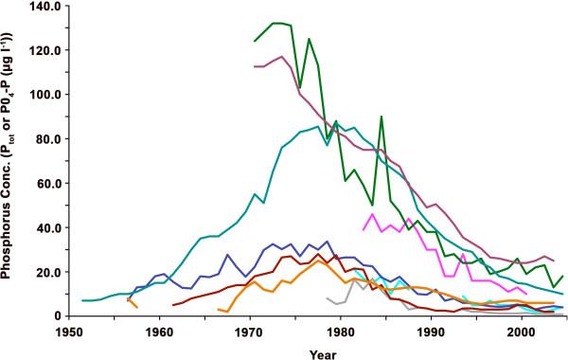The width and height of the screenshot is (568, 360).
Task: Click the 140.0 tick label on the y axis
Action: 49,7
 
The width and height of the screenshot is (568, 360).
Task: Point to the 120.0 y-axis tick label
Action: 49,50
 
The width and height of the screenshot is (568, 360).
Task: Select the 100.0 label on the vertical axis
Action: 49,95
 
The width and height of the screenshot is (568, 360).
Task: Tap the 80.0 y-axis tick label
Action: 52,139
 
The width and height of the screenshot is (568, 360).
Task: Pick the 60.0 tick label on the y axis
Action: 52,184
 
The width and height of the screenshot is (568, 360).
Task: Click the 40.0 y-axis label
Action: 52,227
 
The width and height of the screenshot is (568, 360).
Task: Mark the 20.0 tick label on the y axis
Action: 52,272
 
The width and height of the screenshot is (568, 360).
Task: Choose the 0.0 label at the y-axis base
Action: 55,316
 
